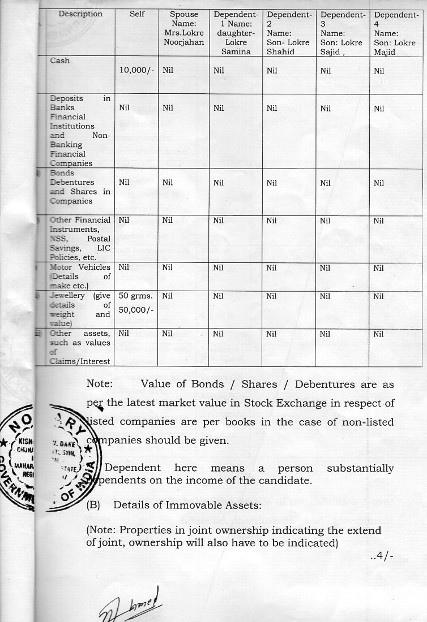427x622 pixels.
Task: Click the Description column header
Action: pyautogui.click(x=80, y=14)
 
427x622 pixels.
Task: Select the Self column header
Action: pyautogui.click(x=138, y=14)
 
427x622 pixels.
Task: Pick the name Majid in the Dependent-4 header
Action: pyautogui.click(x=386, y=52)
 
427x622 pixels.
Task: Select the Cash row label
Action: pyautogui.click(x=60, y=61)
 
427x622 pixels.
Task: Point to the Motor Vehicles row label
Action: pyautogui.click(x=80, y=267)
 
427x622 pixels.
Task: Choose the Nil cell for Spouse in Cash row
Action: pyautogui.click(x=168, y=71)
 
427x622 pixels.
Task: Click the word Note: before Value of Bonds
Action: pyautogui.click(x=100, y=385)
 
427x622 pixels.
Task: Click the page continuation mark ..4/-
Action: pyautogui.click(x=382, y=555)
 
